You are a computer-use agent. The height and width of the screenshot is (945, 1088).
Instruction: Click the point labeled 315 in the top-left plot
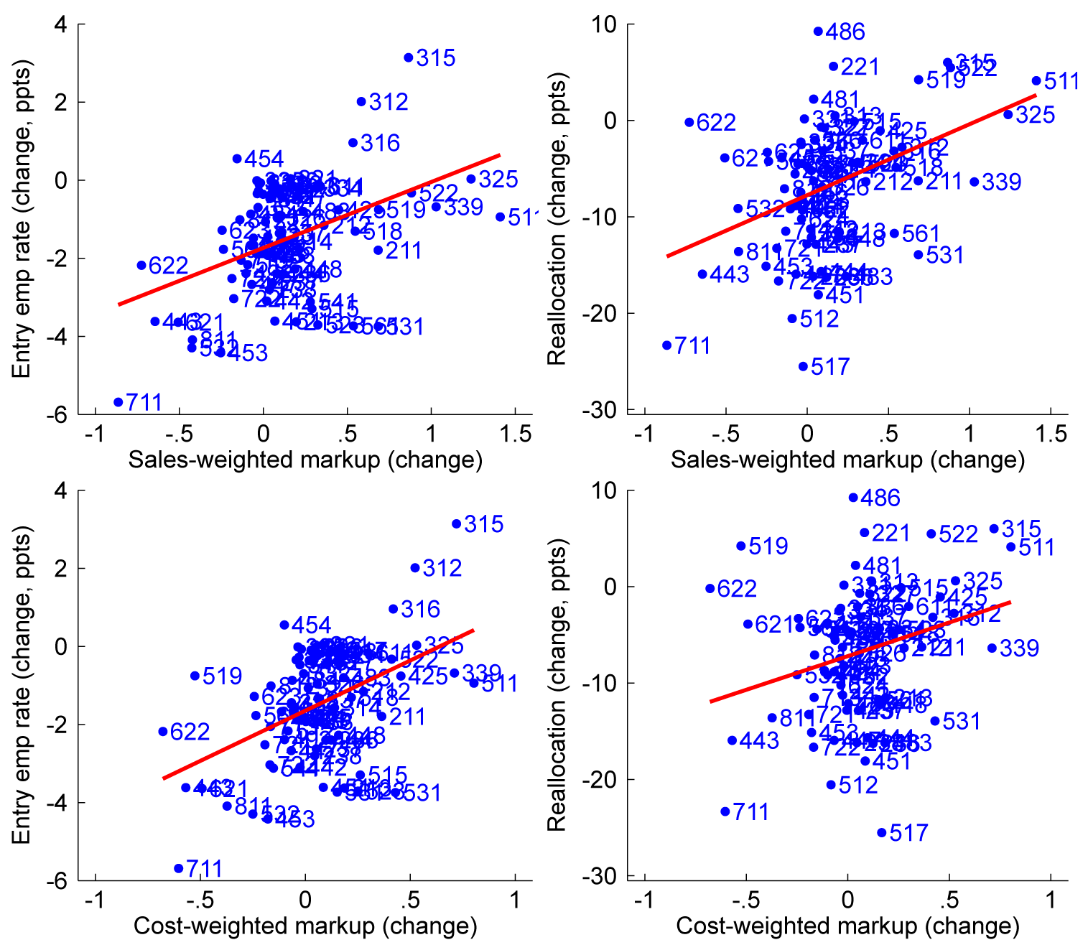(x=409, y=57)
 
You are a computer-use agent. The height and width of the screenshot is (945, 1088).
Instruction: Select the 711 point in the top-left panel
(x=118, y=402)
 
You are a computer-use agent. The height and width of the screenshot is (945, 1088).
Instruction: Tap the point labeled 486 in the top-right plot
(x=818, y=31)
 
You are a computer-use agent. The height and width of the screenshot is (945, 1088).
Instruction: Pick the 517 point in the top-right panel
(x=803, y=366)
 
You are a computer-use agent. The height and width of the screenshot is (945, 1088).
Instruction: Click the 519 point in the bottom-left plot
(x=195, y=676)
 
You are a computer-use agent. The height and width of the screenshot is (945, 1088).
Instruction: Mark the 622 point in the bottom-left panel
(x=163, y=732)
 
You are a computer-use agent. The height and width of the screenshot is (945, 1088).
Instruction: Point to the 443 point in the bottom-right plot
(x=733, y=740)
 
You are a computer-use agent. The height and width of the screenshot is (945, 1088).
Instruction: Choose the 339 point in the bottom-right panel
(x=992, y=648)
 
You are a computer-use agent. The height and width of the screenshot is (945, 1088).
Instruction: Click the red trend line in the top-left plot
(x=309, y=230)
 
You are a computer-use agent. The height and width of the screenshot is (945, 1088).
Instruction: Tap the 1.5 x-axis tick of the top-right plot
(x=1051, y=434)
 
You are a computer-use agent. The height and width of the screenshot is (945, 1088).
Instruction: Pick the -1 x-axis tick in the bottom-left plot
(x=95, y=900)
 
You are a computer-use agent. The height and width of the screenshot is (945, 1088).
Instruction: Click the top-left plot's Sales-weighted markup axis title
(x=305, y=460)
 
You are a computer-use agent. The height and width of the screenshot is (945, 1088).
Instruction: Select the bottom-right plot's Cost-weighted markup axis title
(x=847, y=926)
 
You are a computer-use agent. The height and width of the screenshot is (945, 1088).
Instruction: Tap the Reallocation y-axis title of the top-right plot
(x=557, y=219)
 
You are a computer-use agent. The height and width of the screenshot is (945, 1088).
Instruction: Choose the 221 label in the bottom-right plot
(x=891, y=533)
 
